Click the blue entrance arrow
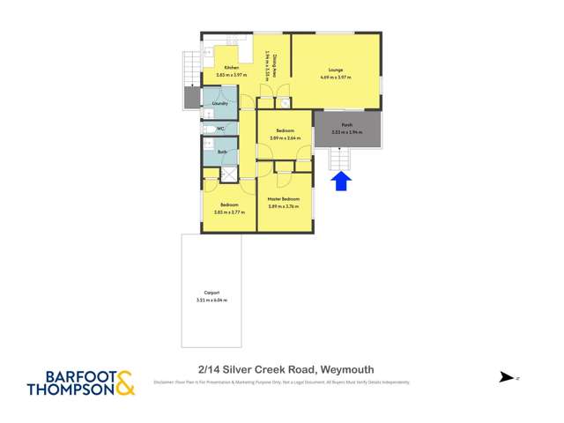(x=342, y=182)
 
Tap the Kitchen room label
(x=231, y=68)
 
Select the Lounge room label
(x=335, y=70)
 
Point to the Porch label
(x=346, y=125)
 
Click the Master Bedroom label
(x=284, y=199)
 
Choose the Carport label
(x=211, y=293)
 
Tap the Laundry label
(x=220, y=103)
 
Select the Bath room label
(x=222, y=152)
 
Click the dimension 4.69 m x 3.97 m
(x=335, y=78)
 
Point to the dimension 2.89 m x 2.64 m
(x=285, y=137)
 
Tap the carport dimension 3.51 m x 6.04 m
(x=211, y=301)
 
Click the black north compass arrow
(x=507, y=377)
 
